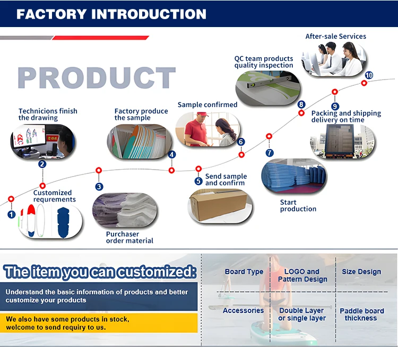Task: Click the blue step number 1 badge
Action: click(11, 214)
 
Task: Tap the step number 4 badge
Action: click(172, 155)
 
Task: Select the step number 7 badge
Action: click(270, 153)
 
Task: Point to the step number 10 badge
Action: click(369, 75)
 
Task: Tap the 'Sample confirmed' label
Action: click(207, 105)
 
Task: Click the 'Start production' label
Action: click(298, 206)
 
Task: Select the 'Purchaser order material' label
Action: click(129, 238)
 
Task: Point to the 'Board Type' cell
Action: click(244, 272)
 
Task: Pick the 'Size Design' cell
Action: click(361, 272)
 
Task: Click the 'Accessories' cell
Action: click(243, 311)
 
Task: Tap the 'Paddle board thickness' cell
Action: click(361, 314)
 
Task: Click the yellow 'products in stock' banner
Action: click(101, 323)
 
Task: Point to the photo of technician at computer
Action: click(43, 141)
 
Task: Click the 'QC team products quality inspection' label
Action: click(264, 62)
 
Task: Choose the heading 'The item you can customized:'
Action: click(100, 273)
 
